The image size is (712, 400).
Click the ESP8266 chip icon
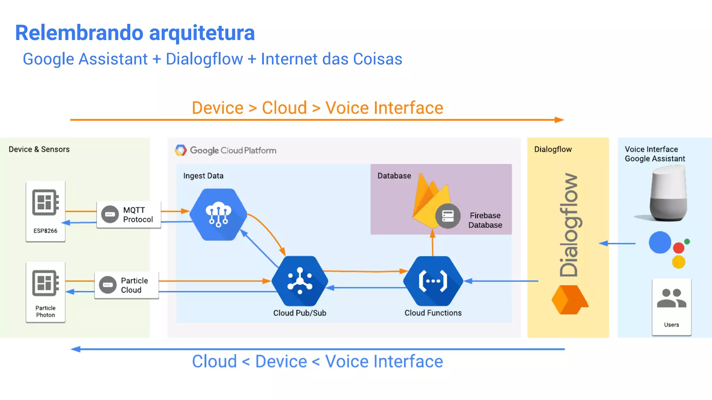pos(46,202)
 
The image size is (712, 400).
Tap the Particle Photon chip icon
pos(46,283)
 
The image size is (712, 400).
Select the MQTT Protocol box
pos(129,215)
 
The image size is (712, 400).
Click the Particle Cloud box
pos(127,285)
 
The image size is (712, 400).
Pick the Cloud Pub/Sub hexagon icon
pos(300,281)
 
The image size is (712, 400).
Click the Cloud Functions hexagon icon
pos(433,281)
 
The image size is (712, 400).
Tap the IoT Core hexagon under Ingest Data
pos(218,214)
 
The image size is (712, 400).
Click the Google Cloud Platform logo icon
pos(180,150)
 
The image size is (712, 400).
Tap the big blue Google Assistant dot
pos(660,242)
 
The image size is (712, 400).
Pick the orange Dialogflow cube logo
pos(569,300)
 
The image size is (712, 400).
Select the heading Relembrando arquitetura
pos(135,33)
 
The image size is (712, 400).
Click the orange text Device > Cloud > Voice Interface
pos(317,108)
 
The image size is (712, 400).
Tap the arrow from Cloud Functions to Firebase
pos(432,244)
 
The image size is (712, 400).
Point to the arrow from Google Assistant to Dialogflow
pos(617,243)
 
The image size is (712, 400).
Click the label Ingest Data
pos(203,176)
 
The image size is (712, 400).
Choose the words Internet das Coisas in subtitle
pos(331,59)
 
